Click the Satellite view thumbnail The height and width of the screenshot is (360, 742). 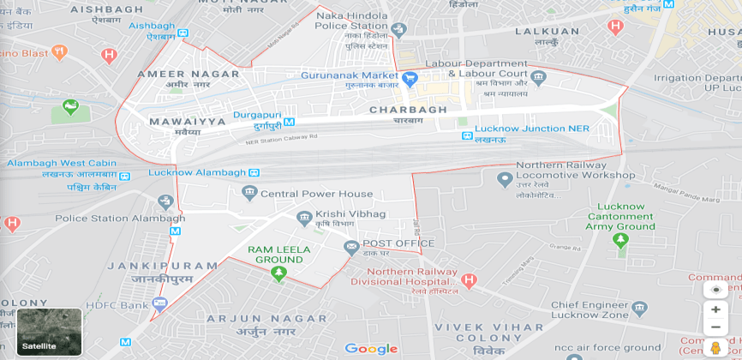tap(49, 332)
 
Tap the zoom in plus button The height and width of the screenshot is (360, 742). tap(715, 309)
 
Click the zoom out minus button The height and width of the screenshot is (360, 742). tap(715, 327)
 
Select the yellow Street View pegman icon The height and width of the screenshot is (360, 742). tap(715, 347)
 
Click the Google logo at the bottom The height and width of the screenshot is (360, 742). tap(371, 348)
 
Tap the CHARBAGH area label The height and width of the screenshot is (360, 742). tap(408, 110)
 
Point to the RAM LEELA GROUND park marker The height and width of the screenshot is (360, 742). tap(278, 273)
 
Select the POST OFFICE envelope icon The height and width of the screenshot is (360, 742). tap(351, 247)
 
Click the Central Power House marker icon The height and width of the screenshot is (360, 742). tap(248, 192)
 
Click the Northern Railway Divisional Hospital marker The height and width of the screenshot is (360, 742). tap(468, 279)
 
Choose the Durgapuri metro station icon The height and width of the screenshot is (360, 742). tap(289, 122)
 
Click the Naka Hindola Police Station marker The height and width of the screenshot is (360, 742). tap(398, 29)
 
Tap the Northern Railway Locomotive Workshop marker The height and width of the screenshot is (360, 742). tap(505, 179)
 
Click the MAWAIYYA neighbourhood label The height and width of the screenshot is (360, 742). tap(188, 122)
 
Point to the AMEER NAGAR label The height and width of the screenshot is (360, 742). tap(188, 74)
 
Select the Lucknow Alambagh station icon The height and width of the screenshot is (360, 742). tap(252, 173)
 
